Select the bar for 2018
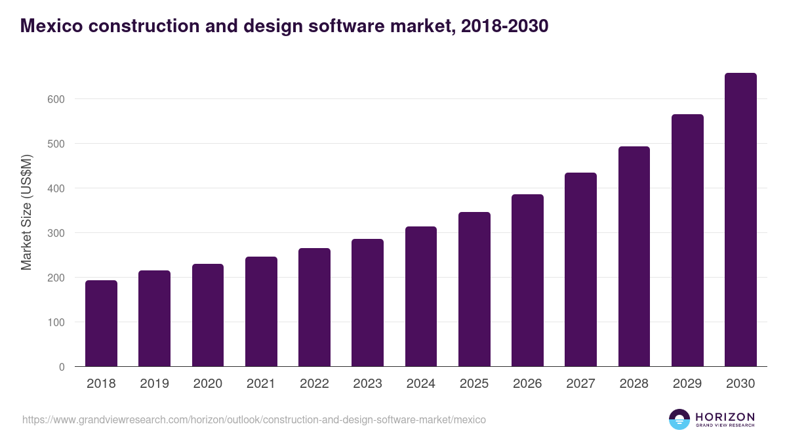click(101, 324)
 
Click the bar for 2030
click(740, 220)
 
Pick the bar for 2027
click(580, 270)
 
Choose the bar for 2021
click(261, 312)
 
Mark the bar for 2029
click(687, 240)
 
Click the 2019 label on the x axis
click(154, 384)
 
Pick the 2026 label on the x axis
click(527, 384)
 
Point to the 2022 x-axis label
click(314, 384)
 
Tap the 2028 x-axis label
click(634, 384)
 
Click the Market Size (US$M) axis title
click(26, 213)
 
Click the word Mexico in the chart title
click(52, 26)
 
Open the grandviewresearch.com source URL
click(254, 419)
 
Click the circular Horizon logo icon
click(679, 419)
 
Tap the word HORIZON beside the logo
click(725, 417)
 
